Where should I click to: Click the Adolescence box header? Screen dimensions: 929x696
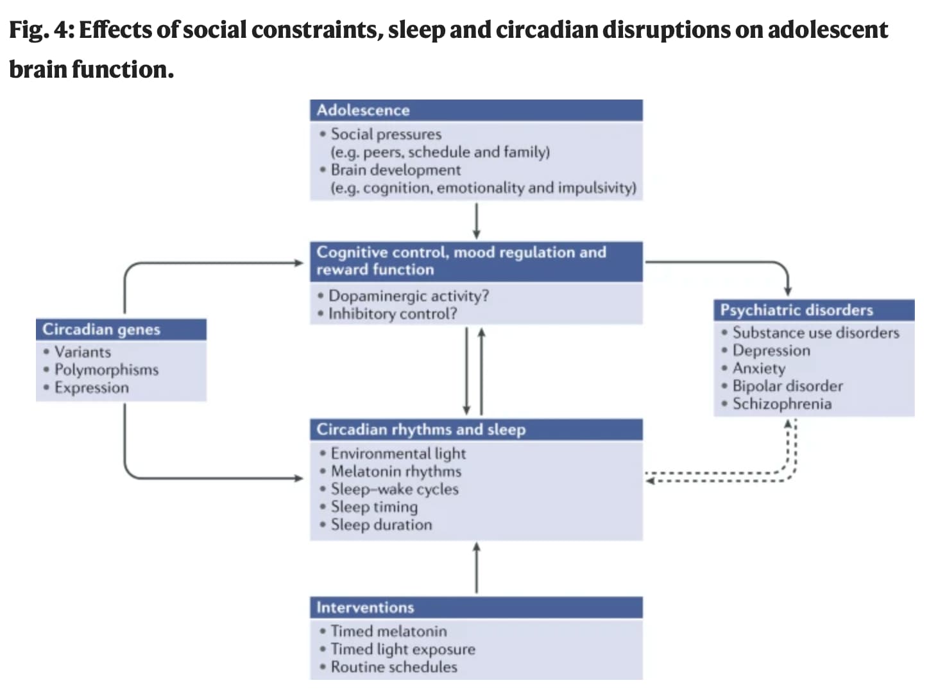point(476,110)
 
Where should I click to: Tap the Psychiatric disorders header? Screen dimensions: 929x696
point(814,310)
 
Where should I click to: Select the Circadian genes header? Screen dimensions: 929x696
point(121,329)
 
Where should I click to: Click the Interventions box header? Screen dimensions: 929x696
point(476,607)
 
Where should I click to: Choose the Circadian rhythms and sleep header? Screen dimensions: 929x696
point(476,430)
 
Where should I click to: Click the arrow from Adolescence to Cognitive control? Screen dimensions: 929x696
point(477,221)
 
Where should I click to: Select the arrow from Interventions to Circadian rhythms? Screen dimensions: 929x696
point(477,568)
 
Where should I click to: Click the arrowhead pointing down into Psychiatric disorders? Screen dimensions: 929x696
point(788,291)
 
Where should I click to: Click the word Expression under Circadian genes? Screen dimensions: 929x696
point(91,388)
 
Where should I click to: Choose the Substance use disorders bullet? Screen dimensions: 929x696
point(815,333)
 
